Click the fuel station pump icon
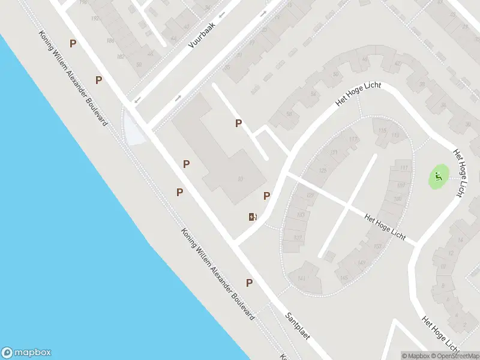(253, 217)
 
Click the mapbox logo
(26, 353)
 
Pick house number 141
(301, 277)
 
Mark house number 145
(344, 277)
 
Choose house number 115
(382, 130)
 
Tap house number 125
(324, 171)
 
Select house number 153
(377, 247)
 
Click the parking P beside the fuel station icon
(267, 196)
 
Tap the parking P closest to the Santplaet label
(249, 283)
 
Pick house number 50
(139, 64)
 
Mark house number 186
(110, 41)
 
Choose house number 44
(173, 38)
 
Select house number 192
(94, 18)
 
